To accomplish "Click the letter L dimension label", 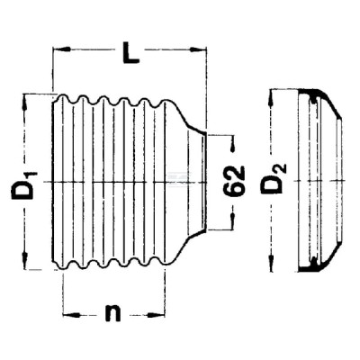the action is coord(130,53).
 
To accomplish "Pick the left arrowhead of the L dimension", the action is coord(62,49).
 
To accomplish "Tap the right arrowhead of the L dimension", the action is coord(198,49).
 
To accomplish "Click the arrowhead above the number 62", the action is coord(232,145).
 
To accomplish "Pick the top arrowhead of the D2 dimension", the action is coord(272,98).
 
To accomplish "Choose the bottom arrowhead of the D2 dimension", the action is coord(272,263).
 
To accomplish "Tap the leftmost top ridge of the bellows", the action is coord(62,98).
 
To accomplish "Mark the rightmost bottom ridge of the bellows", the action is coord(165,262).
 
